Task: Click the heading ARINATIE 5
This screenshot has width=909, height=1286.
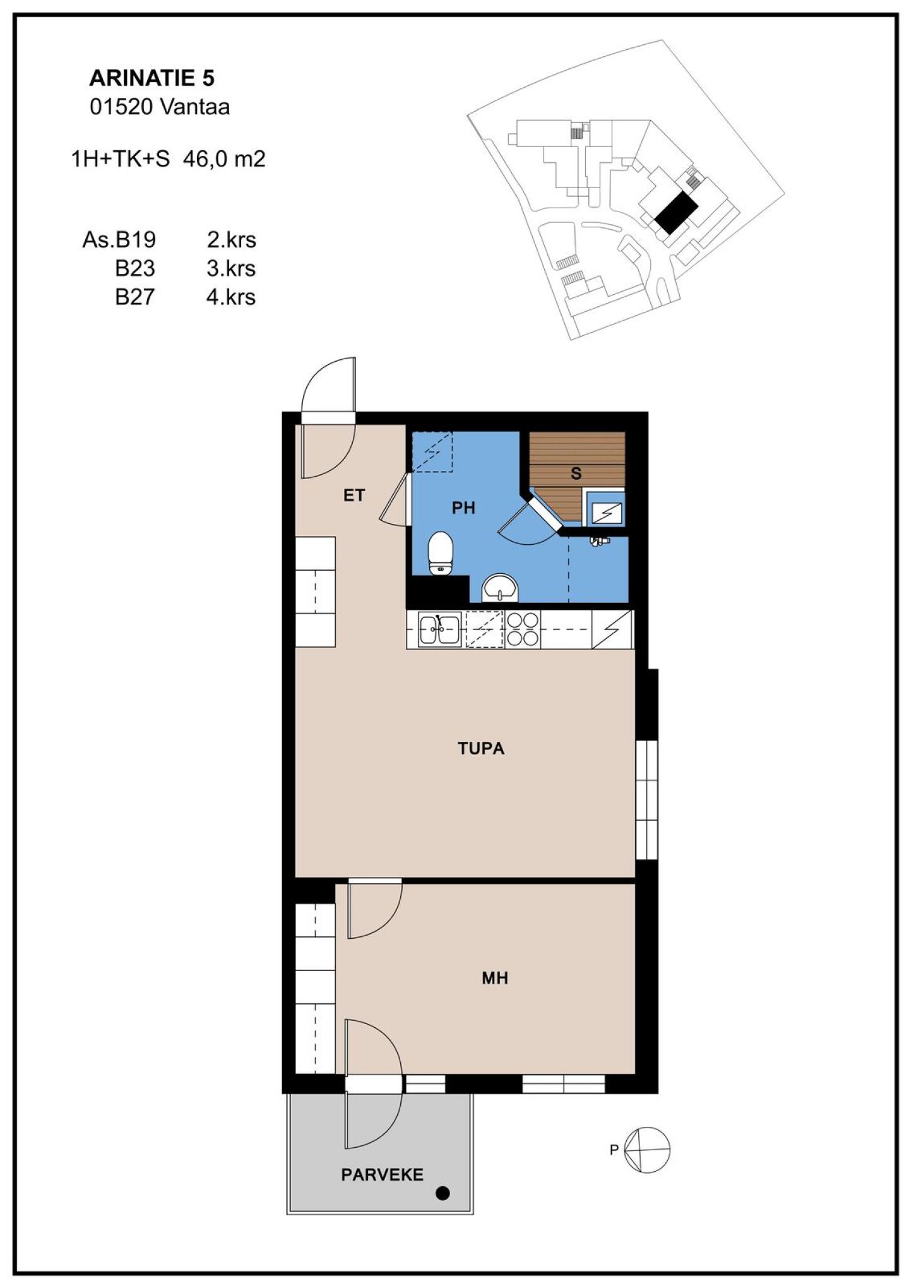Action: pos(151,78)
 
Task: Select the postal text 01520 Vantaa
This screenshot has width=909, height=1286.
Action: pos(160,107)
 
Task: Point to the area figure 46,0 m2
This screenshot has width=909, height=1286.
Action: pos(224,159)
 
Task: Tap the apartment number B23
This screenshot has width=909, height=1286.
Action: pos(134,268)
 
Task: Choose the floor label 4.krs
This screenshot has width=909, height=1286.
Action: pos(231,297)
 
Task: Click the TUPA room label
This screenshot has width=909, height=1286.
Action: pos(481,749)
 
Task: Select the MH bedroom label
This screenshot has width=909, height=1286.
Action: pos(495,978)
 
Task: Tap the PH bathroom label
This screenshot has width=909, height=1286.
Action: pos(463,508)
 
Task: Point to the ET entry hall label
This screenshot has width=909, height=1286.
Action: pos(354,495)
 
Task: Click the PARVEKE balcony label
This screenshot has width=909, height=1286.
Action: pos(383,1175)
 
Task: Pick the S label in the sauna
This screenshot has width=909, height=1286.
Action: pos(576,473)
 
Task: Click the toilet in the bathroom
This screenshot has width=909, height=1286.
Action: pos(441,553)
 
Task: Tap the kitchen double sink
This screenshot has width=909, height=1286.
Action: pos(440,629)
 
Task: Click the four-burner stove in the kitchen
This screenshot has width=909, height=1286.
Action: pos(523,629)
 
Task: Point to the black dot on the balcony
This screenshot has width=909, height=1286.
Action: pos(443,1193)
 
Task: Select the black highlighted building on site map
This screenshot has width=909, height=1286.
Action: pos(675,213)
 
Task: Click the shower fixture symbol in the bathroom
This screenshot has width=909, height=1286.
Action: pos(599,541)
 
